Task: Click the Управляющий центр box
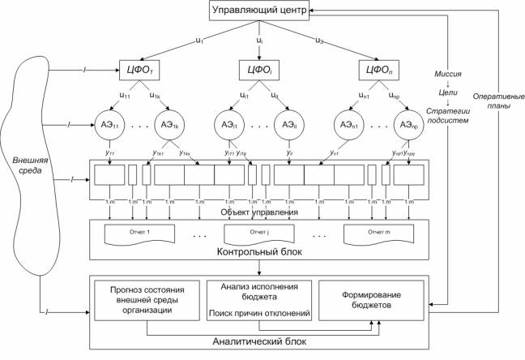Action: click(x=258, y=11)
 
